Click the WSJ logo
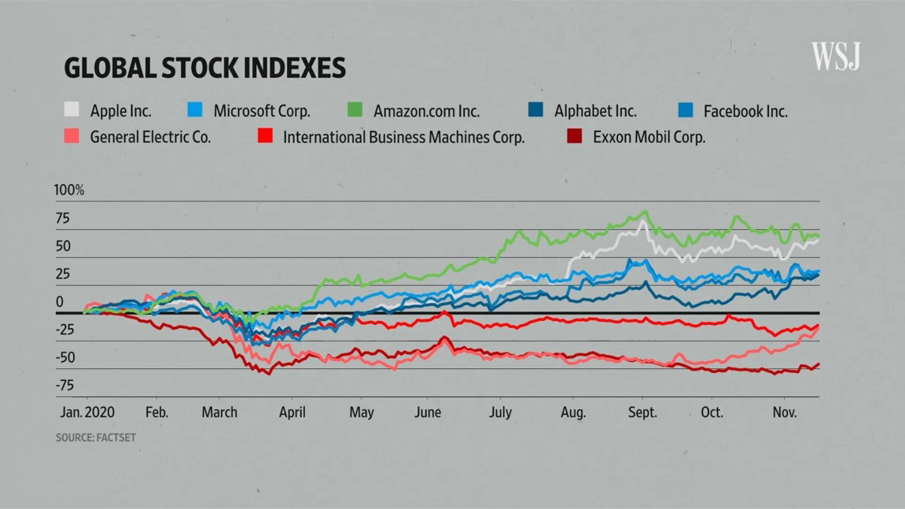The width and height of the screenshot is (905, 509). point(836,57)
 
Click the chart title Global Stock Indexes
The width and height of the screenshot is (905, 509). point(204,68)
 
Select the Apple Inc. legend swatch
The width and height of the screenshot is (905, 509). point(72,111)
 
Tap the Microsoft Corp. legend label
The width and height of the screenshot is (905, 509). point(262,111)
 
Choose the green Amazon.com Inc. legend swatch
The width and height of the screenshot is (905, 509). point(355,111)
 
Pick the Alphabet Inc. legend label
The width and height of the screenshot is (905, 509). point(595,111)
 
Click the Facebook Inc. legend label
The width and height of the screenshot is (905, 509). point(745,111)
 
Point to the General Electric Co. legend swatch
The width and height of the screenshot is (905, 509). point(72,136)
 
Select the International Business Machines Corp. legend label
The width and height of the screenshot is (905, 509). point(403,137)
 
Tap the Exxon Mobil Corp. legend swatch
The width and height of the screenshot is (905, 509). point(575,136)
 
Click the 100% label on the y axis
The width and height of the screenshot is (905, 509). point(68,190)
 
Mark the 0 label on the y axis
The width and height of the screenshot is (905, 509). point(59,302)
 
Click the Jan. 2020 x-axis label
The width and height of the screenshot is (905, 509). point(87,412)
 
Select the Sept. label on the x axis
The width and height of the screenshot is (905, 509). point(642,412)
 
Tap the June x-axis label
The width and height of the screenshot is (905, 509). point(428,412)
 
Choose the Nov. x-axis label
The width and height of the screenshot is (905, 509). point(784,412)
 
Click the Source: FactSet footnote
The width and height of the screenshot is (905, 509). point(96,437)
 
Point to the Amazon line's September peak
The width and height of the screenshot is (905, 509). point(646,212)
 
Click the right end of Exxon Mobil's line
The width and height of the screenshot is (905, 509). point(819,364)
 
